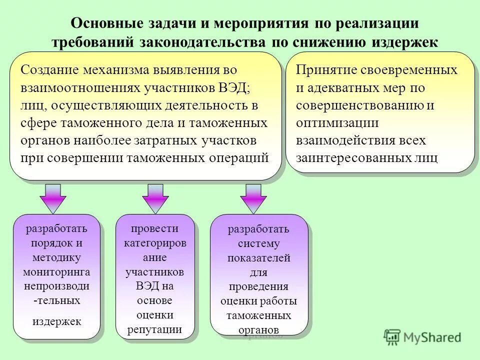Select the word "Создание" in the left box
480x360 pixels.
(50, 70)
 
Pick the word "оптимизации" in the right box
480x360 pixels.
(337, 123)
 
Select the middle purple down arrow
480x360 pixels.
(155, 198)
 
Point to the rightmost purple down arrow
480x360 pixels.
(253, 198)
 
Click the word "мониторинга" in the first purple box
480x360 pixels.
(56, 272)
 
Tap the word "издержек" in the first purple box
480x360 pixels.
(56, 321)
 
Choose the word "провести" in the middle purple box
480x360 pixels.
(155, 228)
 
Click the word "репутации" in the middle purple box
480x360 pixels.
(155, 329)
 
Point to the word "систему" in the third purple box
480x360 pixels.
(258, 243)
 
